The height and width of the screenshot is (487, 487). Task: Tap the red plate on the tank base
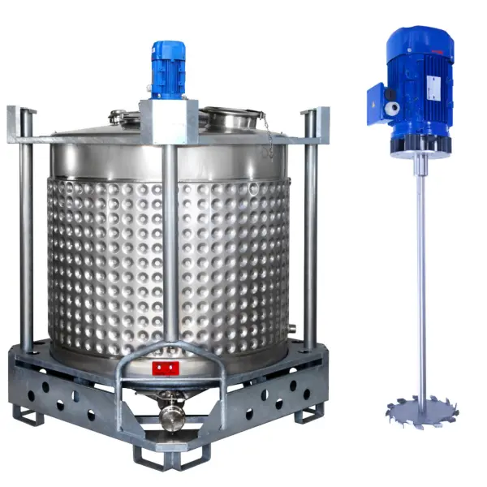pos(165,368)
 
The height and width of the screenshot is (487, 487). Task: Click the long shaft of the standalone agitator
pos(422,276)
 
